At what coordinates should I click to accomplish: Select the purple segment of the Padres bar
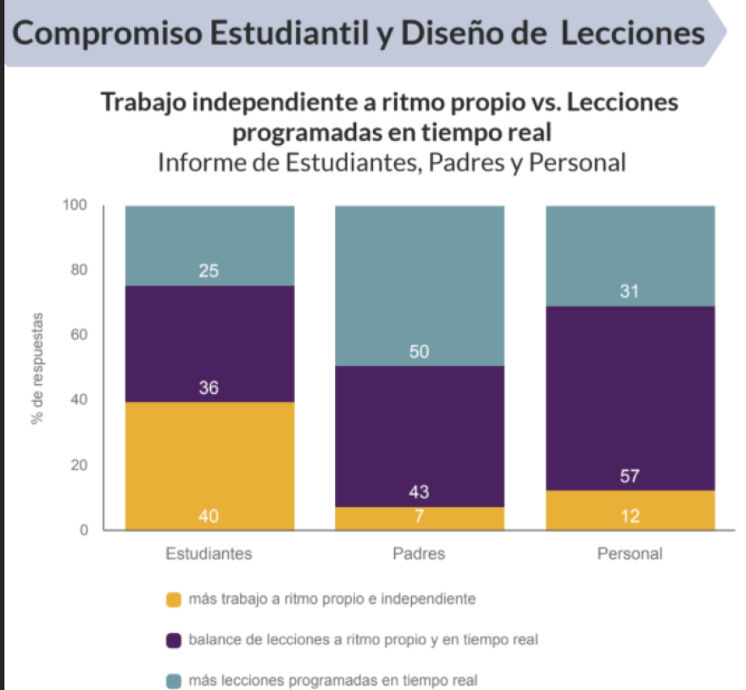click(x=419, y=436)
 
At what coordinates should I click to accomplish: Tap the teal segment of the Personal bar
click(x=629, y=254)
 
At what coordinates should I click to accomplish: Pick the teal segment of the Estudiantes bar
click(x=209, y=245)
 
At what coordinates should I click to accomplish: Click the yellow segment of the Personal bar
click(x=629, y=509)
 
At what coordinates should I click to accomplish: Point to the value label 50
click(x=420, y=352)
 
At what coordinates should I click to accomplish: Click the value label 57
click(x=629, y=476)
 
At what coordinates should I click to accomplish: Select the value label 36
click(x=209, y=388)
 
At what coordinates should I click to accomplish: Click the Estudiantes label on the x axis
click(x=209, y=554)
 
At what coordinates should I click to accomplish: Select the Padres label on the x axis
click(x=419, y=554)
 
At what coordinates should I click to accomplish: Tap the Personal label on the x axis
click(x=629, y=554)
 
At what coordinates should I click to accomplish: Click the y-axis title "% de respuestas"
click(x=37, y=368)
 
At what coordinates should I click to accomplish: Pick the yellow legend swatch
click(x=174, y=600)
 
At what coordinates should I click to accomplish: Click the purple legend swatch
click(x=174, y=640)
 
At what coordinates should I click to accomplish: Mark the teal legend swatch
click(x=174, y=680)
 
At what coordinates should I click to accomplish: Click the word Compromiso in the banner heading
click(x=107, y=33)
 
